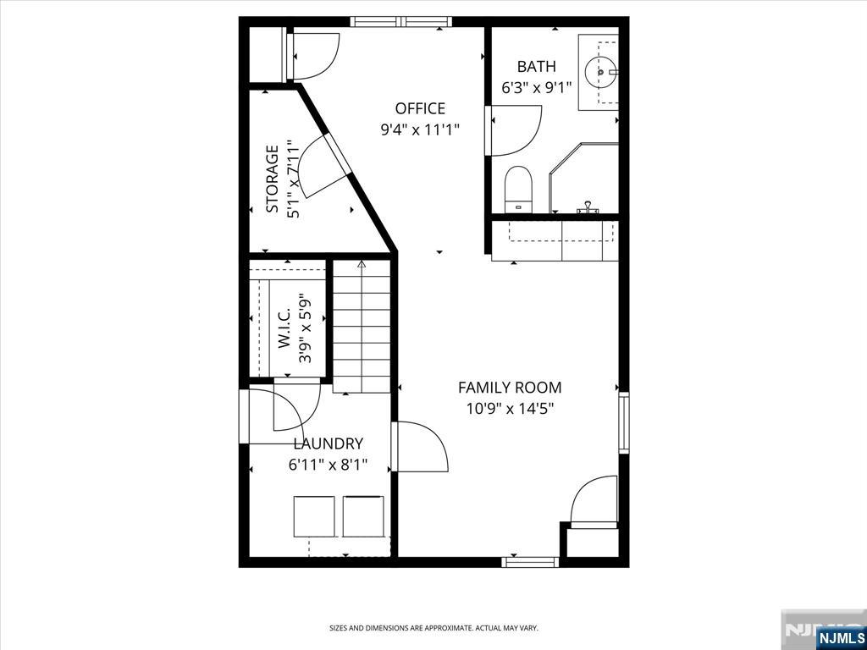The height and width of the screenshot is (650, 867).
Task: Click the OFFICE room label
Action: (x=420, y=108)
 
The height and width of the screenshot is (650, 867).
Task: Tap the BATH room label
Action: (x=536, y=67)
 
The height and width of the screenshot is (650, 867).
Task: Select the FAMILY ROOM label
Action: (x=510, y=388)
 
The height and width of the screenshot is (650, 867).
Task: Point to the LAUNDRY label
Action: (x=329, y=443)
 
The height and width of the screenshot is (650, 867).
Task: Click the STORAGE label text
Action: (x=272, y=179)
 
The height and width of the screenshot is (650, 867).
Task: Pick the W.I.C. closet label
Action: (x=284, y=331)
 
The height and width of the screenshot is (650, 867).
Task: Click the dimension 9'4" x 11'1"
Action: (x=420, y=129)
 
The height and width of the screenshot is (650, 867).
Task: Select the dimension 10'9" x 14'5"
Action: (x=510, y=409)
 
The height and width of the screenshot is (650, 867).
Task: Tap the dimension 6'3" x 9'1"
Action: (x=536, y=87)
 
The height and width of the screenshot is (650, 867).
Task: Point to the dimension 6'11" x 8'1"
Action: (x=328, y=465)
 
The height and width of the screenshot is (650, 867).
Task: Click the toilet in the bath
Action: (x=518, y=189)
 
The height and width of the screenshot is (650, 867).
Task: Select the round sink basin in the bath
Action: (x=600, y=72)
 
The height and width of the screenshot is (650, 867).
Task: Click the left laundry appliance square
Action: (x=314, y=517)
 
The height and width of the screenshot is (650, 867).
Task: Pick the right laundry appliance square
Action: (x=363, y=517)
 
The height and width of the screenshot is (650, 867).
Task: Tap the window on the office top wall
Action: (x=401, y=22)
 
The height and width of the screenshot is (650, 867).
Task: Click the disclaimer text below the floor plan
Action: (x=433, y=628)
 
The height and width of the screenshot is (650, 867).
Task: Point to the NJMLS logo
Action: (x=841, y=636)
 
